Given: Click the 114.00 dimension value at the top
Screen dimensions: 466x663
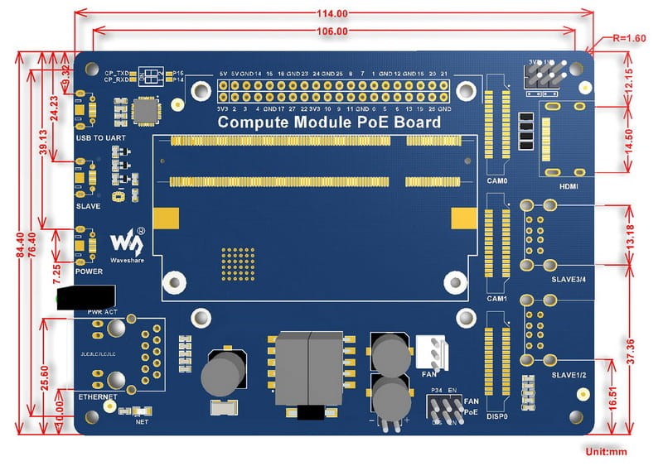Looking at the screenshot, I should (x=331, y=13).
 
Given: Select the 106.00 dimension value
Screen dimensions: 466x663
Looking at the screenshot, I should (x=331, y=31).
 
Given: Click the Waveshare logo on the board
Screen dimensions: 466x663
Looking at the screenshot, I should (x=128, y=243).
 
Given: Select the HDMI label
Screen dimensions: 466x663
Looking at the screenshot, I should (x=568, y=186).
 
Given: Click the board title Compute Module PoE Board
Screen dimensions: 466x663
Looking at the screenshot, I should (x=328, y=123).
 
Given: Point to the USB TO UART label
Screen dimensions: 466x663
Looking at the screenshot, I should (x=98, y=137).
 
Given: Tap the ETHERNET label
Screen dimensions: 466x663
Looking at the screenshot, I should (x=97, y=397).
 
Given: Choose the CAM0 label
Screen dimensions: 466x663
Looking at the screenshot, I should (x=496, y=180).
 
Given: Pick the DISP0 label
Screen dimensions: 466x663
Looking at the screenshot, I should (x=497, y=416).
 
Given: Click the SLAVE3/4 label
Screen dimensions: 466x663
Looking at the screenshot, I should (x=569, y=279).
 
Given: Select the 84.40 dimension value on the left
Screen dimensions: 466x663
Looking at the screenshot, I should (x=20, y=240).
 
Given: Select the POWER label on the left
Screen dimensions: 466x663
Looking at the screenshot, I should (x=89, y=271).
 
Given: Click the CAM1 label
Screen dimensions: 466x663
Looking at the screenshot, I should (x=496, y=298).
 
